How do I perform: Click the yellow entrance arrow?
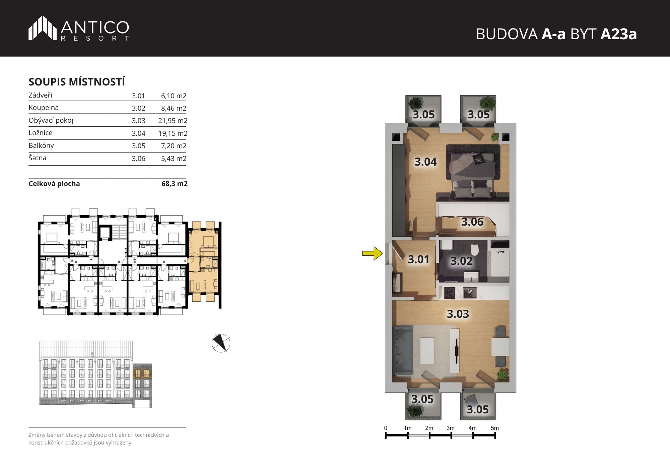(x=373, y=253)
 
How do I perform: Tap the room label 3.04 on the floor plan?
(x=425, y=162)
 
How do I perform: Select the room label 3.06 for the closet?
(x=472, y=222)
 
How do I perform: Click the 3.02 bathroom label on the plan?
(x=461, y=261)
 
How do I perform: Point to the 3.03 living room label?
(x=458, y=314)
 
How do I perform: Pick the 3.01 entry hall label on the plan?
(x=418, y=259)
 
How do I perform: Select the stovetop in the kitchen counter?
(x=449, y=293)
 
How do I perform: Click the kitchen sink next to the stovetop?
(x=470, y=293)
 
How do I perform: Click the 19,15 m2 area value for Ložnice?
(x=173, y=133)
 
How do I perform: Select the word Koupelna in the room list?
(x=44, y=108)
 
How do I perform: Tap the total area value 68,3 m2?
(x=175, y=184)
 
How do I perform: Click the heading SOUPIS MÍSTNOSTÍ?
(x=77, y=82)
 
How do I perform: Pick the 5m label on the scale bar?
(x=494, y=428)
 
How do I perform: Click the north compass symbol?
(x=221, y=343)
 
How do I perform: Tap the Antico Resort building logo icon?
(x=43, y=28)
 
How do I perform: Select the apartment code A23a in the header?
(x=618, y=34)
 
